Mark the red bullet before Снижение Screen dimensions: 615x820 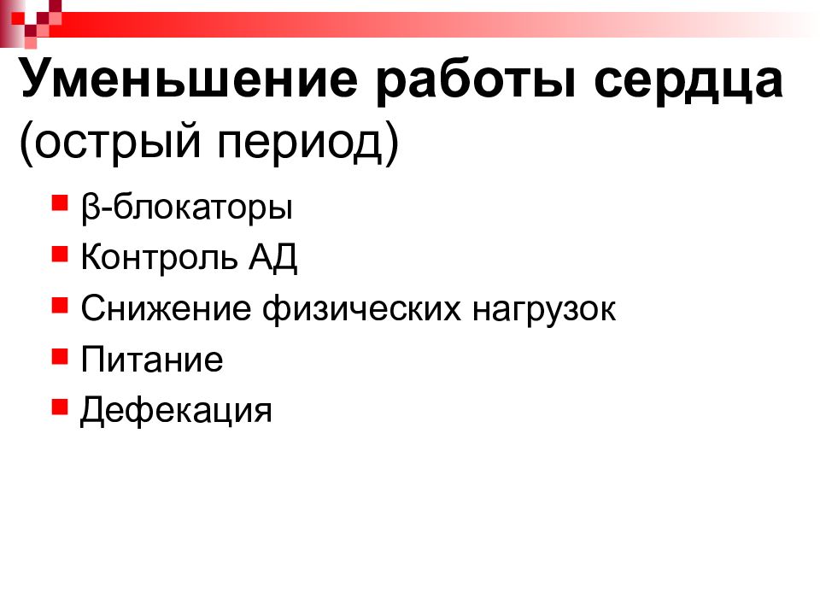tap(59, 305)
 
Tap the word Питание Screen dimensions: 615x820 tap(152, 360)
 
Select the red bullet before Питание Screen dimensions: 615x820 tap(59, 355)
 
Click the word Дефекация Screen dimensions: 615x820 tap(176, 411)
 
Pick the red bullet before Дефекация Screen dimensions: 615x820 tap(59, 406)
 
